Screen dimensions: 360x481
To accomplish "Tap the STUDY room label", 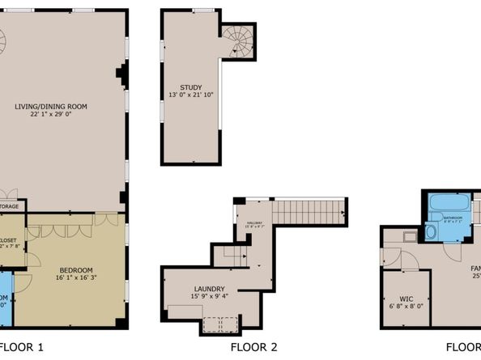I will pos(191,87).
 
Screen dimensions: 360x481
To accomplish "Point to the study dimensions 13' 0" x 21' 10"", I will pos(191,95).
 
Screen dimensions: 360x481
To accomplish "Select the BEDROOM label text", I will pos(74,269).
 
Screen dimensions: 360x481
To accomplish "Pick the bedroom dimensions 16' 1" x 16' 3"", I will pos(74,277).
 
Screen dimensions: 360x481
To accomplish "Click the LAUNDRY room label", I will pos(209,289).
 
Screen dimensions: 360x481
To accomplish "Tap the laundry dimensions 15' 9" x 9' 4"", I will pos(209,297).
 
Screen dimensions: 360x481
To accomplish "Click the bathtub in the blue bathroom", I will pos(445,201).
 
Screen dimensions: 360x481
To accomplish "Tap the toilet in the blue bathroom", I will pos(430,232).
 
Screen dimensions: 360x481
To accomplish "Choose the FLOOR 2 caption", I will pos(253,348).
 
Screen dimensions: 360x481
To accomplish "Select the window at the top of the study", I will pos(203,11).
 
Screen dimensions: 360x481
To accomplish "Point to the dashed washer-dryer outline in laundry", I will pos(216,324).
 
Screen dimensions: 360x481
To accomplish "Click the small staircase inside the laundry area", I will pos(234,256).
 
